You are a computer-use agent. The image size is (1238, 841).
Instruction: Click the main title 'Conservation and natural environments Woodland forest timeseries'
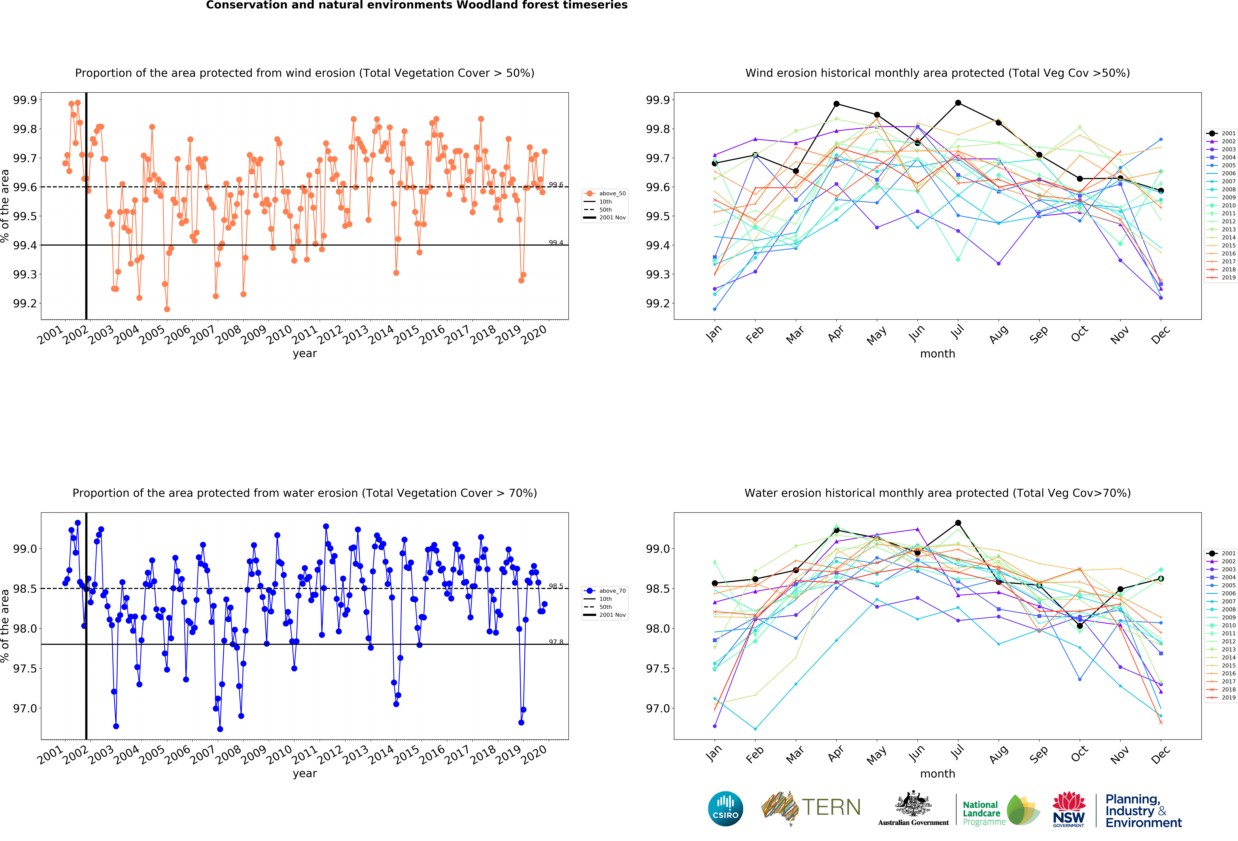tap(417, 5)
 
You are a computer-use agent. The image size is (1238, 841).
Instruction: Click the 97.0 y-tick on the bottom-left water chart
tap(25, 708)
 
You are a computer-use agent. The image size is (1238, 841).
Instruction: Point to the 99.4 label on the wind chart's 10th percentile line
tap(556, 243)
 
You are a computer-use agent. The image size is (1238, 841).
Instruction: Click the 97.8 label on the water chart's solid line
tap(556, 642)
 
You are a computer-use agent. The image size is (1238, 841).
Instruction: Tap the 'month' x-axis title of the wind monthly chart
tap(938, 354)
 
